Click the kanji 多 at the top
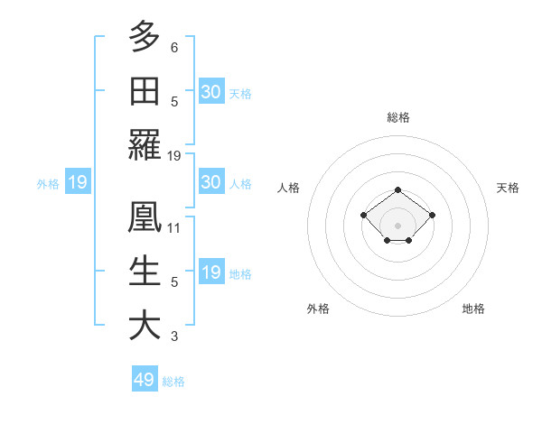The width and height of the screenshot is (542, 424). pos(145,37)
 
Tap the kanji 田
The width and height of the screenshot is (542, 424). pos(145,91)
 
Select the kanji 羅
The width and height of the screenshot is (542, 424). pos(145,145)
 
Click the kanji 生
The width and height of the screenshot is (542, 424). pos(145,272)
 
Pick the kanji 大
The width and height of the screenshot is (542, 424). pos(145,326)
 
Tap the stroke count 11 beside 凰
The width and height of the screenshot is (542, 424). pos(174,228)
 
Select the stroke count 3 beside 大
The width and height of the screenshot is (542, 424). pos(174,336)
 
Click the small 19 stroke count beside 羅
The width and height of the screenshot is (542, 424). pos(174,156)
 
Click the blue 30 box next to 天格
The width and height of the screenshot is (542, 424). pos(211,92)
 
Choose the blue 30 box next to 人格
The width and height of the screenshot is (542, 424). pos(211,182)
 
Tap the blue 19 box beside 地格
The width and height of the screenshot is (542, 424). pos(211,272)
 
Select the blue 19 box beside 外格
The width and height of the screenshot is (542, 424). pos(77,183)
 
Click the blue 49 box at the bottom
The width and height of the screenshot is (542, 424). pos(145,380)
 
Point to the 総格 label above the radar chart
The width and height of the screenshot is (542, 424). pos(397,117)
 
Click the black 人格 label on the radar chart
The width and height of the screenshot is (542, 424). pos(289,188)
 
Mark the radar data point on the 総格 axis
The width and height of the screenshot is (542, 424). pos(397,189)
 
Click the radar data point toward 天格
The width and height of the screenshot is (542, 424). pos(432,215)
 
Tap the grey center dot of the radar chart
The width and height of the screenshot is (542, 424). pos(397,226)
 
